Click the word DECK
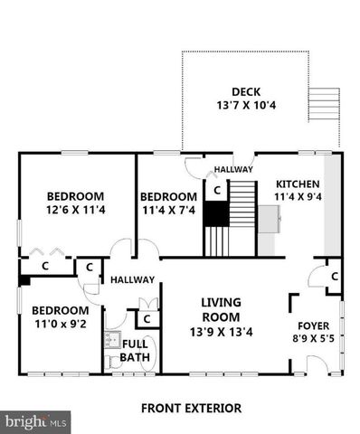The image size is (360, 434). pos(245,90)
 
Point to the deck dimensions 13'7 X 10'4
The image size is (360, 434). pos(245,107)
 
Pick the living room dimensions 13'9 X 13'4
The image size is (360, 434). pos(220,332)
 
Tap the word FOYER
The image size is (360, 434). pos(313,325)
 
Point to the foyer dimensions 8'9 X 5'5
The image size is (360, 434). pos(313,340)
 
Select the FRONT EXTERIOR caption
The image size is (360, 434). pos(191,408)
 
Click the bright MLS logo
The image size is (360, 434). pos(36,421)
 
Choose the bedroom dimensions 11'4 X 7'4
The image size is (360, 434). pos(167,211)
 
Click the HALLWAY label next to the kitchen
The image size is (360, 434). pos(232,169)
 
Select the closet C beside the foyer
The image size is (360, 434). pos(334,276)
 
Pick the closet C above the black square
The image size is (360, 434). pos(216,190)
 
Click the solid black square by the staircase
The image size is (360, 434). pos(215,214)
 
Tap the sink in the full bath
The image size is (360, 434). pos(112,340)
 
